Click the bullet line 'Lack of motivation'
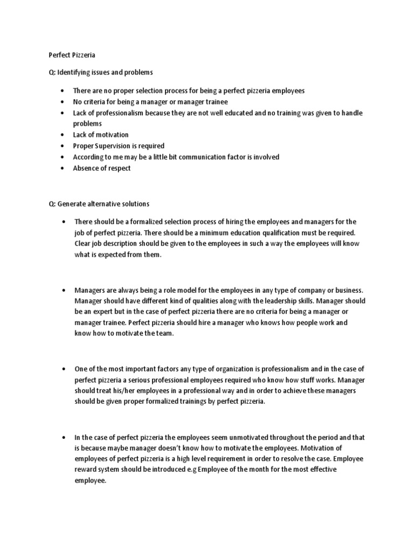coord(101,135)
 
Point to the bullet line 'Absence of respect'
coord(102,168)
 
